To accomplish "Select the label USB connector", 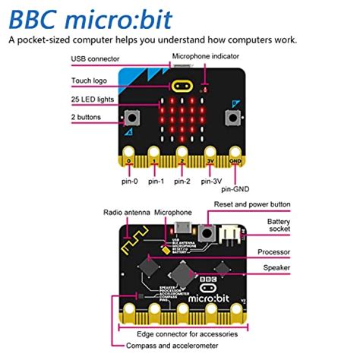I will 94,58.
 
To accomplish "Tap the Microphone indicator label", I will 205,56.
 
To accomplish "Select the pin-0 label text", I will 129,182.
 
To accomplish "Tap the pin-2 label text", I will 182,182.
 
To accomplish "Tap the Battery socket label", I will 278,226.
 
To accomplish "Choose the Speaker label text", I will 275,267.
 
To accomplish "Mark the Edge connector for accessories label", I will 187,333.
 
